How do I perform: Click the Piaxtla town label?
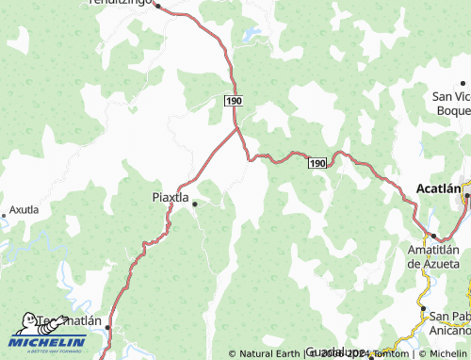(x=171, y=197)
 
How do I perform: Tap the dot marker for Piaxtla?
(x=195, y=204)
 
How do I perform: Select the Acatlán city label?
(x=439, y=188)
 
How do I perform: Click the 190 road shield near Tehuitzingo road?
(x=234, y=99)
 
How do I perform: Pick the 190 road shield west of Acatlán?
(x=317, y=163)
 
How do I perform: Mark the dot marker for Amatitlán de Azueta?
(x=432, y=237)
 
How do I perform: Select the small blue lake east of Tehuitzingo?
(x=252, y=36)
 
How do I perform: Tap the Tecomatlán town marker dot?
(x=107, y=327)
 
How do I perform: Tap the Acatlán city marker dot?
(x=466, y=196)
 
